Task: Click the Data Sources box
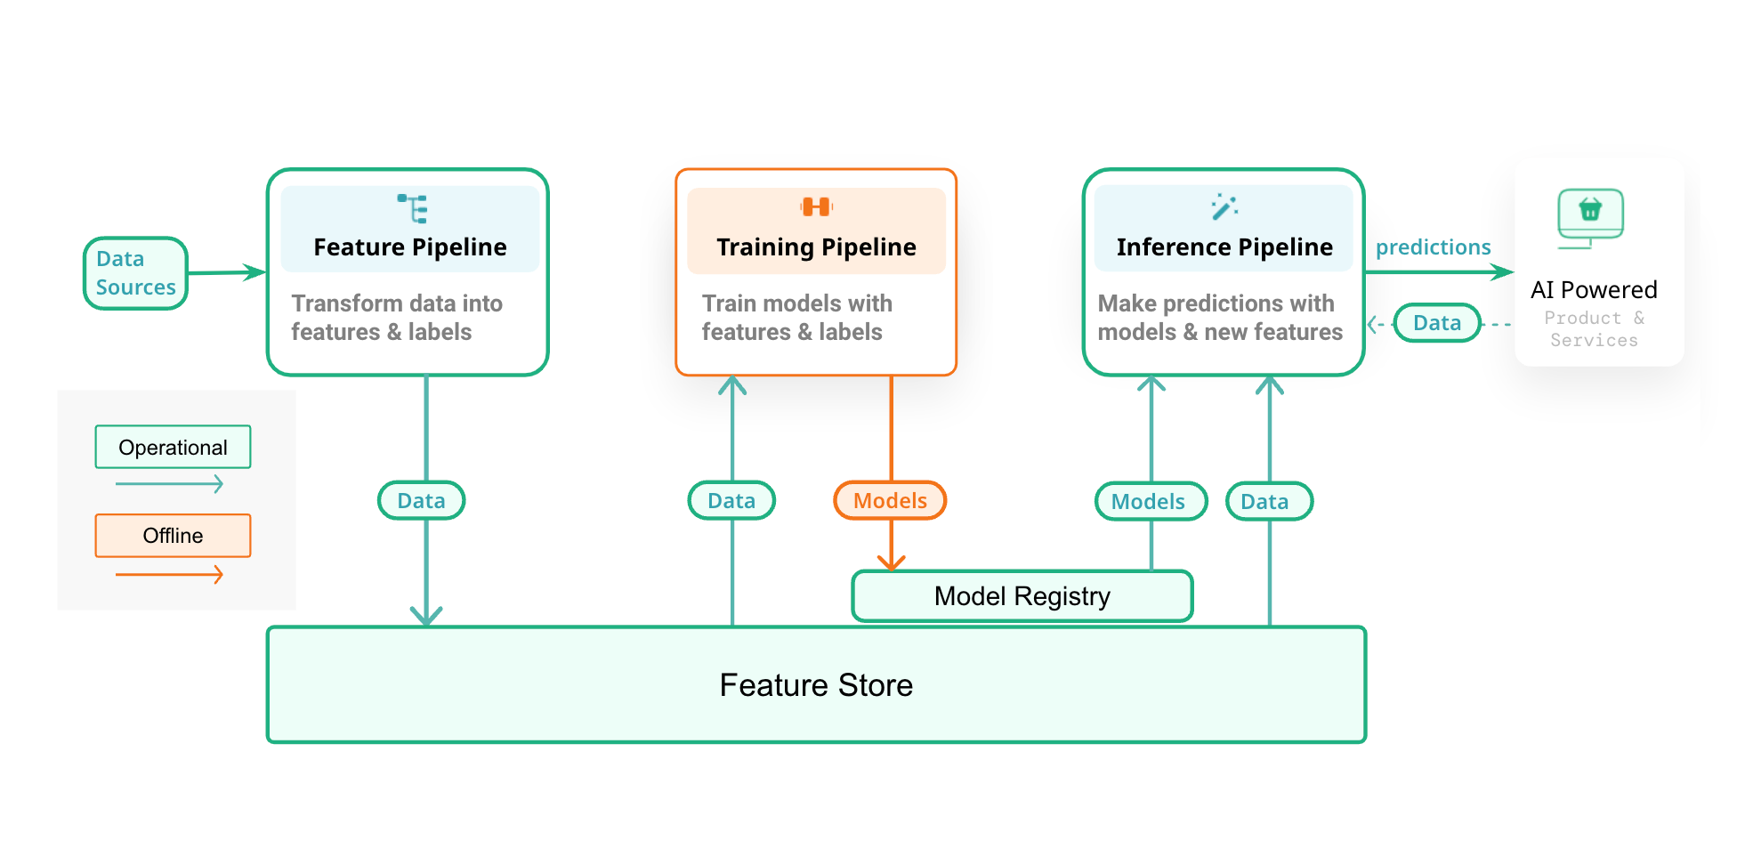135,273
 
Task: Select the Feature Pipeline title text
409,247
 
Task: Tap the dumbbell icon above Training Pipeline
816,207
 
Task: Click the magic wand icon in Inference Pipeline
1224,206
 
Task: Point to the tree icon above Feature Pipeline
413,208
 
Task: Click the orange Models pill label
890,500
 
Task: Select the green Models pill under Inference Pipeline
1150,501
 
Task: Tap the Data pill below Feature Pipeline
421,500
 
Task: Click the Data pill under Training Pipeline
731,500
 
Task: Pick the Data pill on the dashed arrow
1436,322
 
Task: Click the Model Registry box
1022,596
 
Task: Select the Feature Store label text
816,685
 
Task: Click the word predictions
1433,247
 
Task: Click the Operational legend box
173,447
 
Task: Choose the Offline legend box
173,536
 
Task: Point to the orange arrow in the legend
169,575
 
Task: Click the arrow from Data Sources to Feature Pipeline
227,272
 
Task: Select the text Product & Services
1594,328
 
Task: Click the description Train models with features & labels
796,318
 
